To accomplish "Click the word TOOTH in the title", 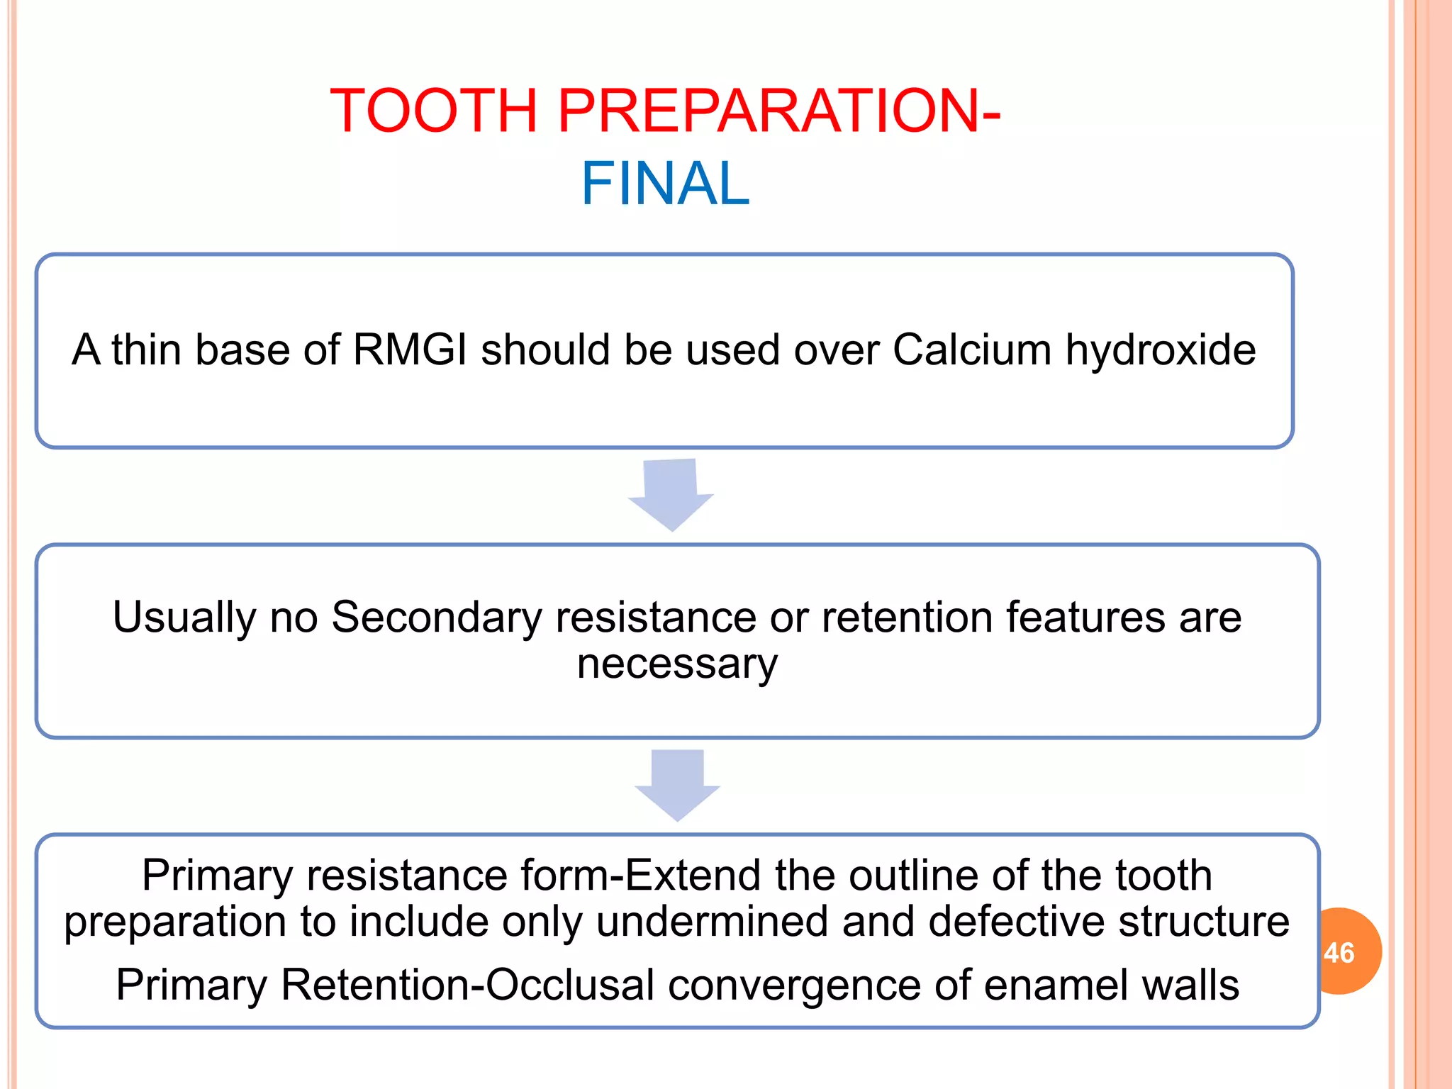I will point(434,111).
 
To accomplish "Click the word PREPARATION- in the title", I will point(778,111).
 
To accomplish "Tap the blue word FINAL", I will point(665,184).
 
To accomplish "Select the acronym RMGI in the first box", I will point(410,350).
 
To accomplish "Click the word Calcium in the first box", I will point(971,350).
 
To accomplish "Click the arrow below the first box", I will point(671,495).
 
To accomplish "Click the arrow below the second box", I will point(677,785).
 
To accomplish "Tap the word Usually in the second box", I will point(184,618).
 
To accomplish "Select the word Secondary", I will point(436,618).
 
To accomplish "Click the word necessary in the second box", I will point(677,664).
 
